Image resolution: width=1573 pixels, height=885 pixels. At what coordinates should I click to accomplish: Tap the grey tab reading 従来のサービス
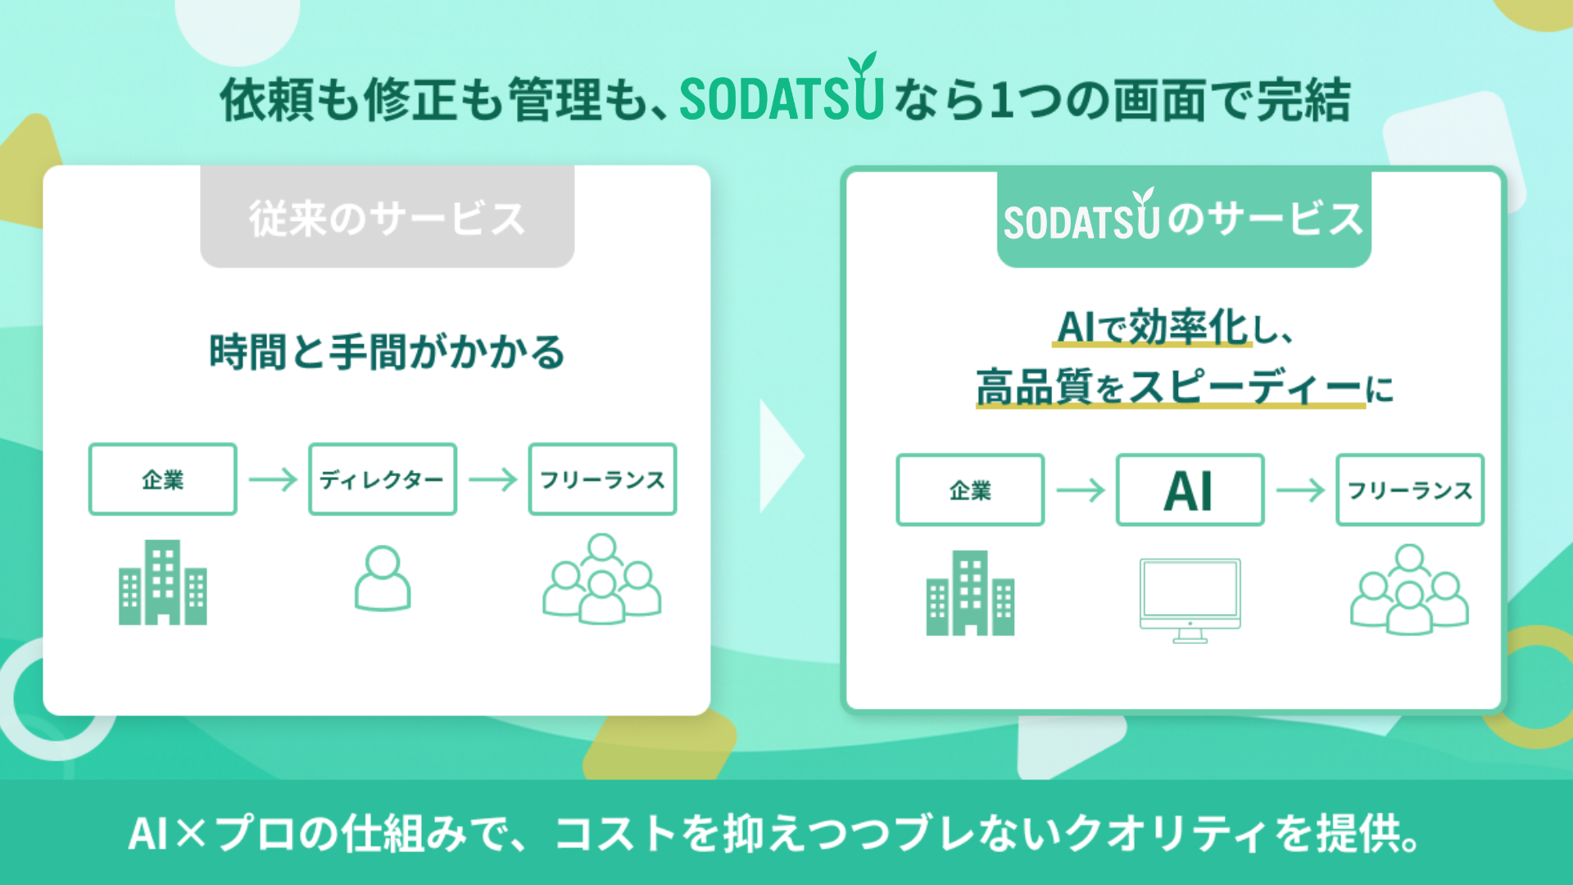(x=387, y=216)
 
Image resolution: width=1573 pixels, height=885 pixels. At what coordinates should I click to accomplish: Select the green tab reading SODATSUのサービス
(x=1184, y=219)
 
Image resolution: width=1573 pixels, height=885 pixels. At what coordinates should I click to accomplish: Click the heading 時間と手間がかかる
(x=387, y=352)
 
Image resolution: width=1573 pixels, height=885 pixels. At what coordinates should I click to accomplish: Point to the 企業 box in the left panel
(x=163, y=479)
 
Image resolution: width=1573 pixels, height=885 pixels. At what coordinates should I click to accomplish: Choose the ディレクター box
(x=383, y=479)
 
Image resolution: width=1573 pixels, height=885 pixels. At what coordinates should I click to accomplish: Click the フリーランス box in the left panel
(x=602, y=479)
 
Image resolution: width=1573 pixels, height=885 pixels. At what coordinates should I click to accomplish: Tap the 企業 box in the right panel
(x=970, y=490)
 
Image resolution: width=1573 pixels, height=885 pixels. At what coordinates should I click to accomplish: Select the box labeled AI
(x=1190, y=490)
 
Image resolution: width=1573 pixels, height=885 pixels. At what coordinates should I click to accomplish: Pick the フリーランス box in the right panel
(x=1410, y=490)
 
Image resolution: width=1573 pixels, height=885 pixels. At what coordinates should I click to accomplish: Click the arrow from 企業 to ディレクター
(x=273, y=479)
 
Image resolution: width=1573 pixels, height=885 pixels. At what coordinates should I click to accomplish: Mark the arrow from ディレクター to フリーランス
(x=493, y=479)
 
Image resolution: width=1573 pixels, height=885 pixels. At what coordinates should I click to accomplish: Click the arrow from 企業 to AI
(x=1081, y=490)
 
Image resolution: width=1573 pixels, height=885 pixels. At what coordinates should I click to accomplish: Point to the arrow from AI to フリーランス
(x=1300, y=490)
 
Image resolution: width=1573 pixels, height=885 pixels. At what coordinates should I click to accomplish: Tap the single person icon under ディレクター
(x=383, y=579)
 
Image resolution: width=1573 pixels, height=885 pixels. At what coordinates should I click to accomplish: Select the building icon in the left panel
(x=163, y=582)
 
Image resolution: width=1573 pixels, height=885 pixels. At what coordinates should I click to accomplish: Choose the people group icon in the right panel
(x=1409, y=589)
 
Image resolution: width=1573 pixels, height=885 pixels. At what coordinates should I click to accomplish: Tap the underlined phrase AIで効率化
(x=1152, y=328)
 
